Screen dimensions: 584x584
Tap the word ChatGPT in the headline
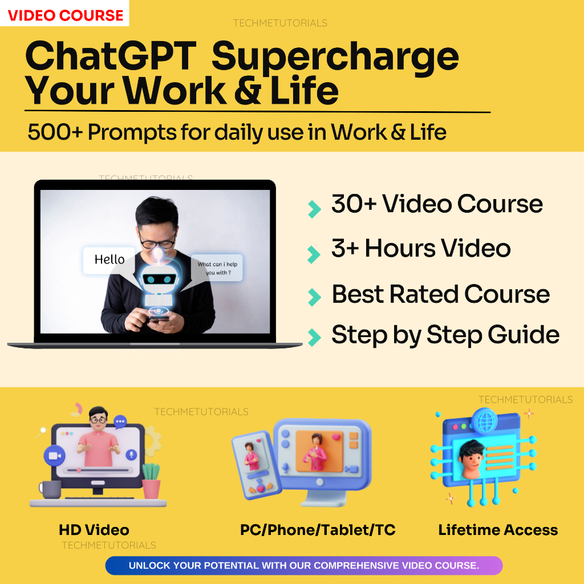111,57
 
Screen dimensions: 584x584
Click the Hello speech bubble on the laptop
109,260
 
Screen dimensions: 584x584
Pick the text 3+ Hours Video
421,249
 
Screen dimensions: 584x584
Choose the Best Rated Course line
440,294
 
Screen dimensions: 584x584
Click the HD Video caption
94,530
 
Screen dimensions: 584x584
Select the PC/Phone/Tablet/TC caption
318,530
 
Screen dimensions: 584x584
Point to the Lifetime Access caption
498,530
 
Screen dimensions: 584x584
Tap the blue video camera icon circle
55,456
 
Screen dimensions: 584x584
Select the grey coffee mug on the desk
50,489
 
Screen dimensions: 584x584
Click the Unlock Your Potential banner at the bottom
303,566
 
